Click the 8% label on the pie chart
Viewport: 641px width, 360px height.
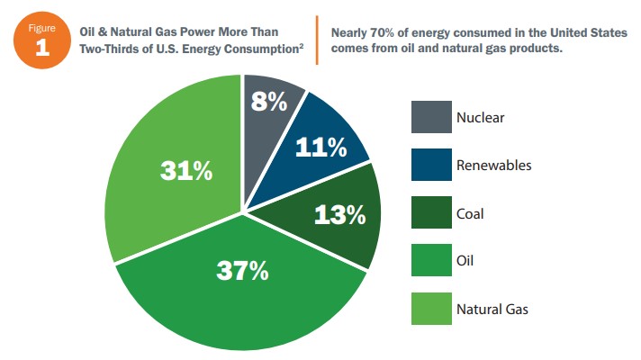[x=267, y=102]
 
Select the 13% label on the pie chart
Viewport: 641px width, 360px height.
[x=339, y=215]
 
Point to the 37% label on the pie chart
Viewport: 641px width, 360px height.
[x=241, y=270]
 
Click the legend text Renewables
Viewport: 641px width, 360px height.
[x=494, y=166]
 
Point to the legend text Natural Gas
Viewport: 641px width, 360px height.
[x=492, y=310]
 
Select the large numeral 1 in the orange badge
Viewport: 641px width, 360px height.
[x=41, y=47]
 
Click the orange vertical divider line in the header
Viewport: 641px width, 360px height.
[x=316, y=39]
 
